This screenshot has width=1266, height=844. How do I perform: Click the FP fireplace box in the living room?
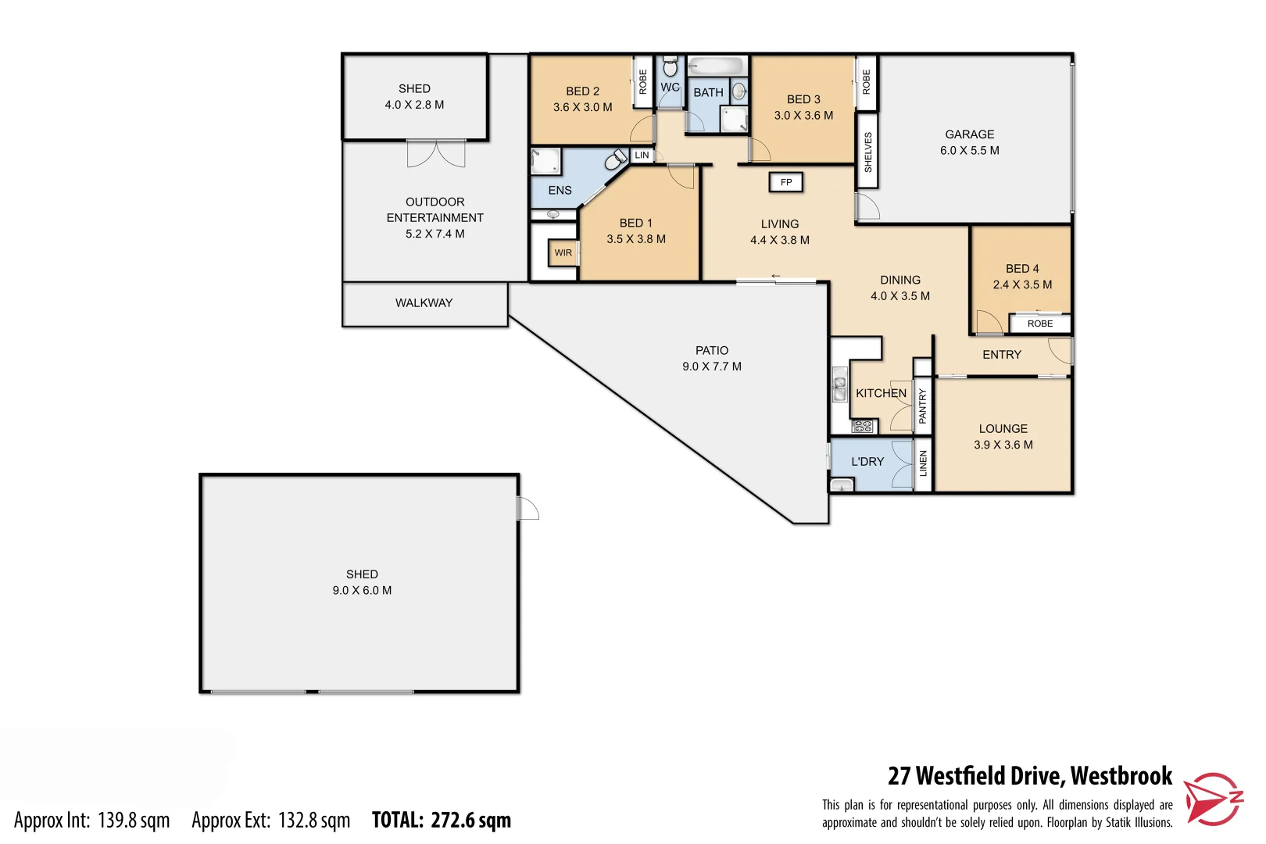pyautogui.click(x=786, y=182)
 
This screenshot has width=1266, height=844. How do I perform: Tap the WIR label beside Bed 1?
pyautogui.click(x=563, y=253)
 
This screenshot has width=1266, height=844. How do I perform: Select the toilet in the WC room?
pyautogui.click(x=670, y=67)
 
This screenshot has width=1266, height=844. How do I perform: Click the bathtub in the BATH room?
pyautogui.click(x=717, y=66)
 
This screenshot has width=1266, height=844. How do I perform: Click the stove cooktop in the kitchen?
pyautogui.click(x=862, y=427)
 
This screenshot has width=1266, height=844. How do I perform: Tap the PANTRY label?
pyautogui.click(x=922, y=406)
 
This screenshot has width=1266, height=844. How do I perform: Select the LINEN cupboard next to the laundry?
pyautogui.click(x=923, y=464)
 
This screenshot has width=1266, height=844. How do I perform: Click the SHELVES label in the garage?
pyautogui.click(x=867, y=152)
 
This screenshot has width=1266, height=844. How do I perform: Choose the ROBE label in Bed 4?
pyautogui.click(x=1039, y=324)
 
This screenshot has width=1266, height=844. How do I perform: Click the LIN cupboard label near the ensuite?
pyautogui.click(x=642, y=156)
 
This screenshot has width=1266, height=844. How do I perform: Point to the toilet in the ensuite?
pyautogui.click(x=616, y=161)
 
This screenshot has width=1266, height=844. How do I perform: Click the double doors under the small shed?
pyautogui.click(x=436, y=153)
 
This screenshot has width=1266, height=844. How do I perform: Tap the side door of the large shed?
pyautogui.click(x=527, y=509)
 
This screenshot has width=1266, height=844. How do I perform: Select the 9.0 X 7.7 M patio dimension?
pyautogui.click(x=711, y=367)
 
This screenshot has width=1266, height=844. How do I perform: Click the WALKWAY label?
pyautogui.click(x=424, y=303)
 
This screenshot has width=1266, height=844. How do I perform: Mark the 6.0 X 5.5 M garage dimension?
pyautogui.click(x=969, y=151)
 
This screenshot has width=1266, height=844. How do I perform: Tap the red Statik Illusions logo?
pyautogui.click(x=1211, y=799)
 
